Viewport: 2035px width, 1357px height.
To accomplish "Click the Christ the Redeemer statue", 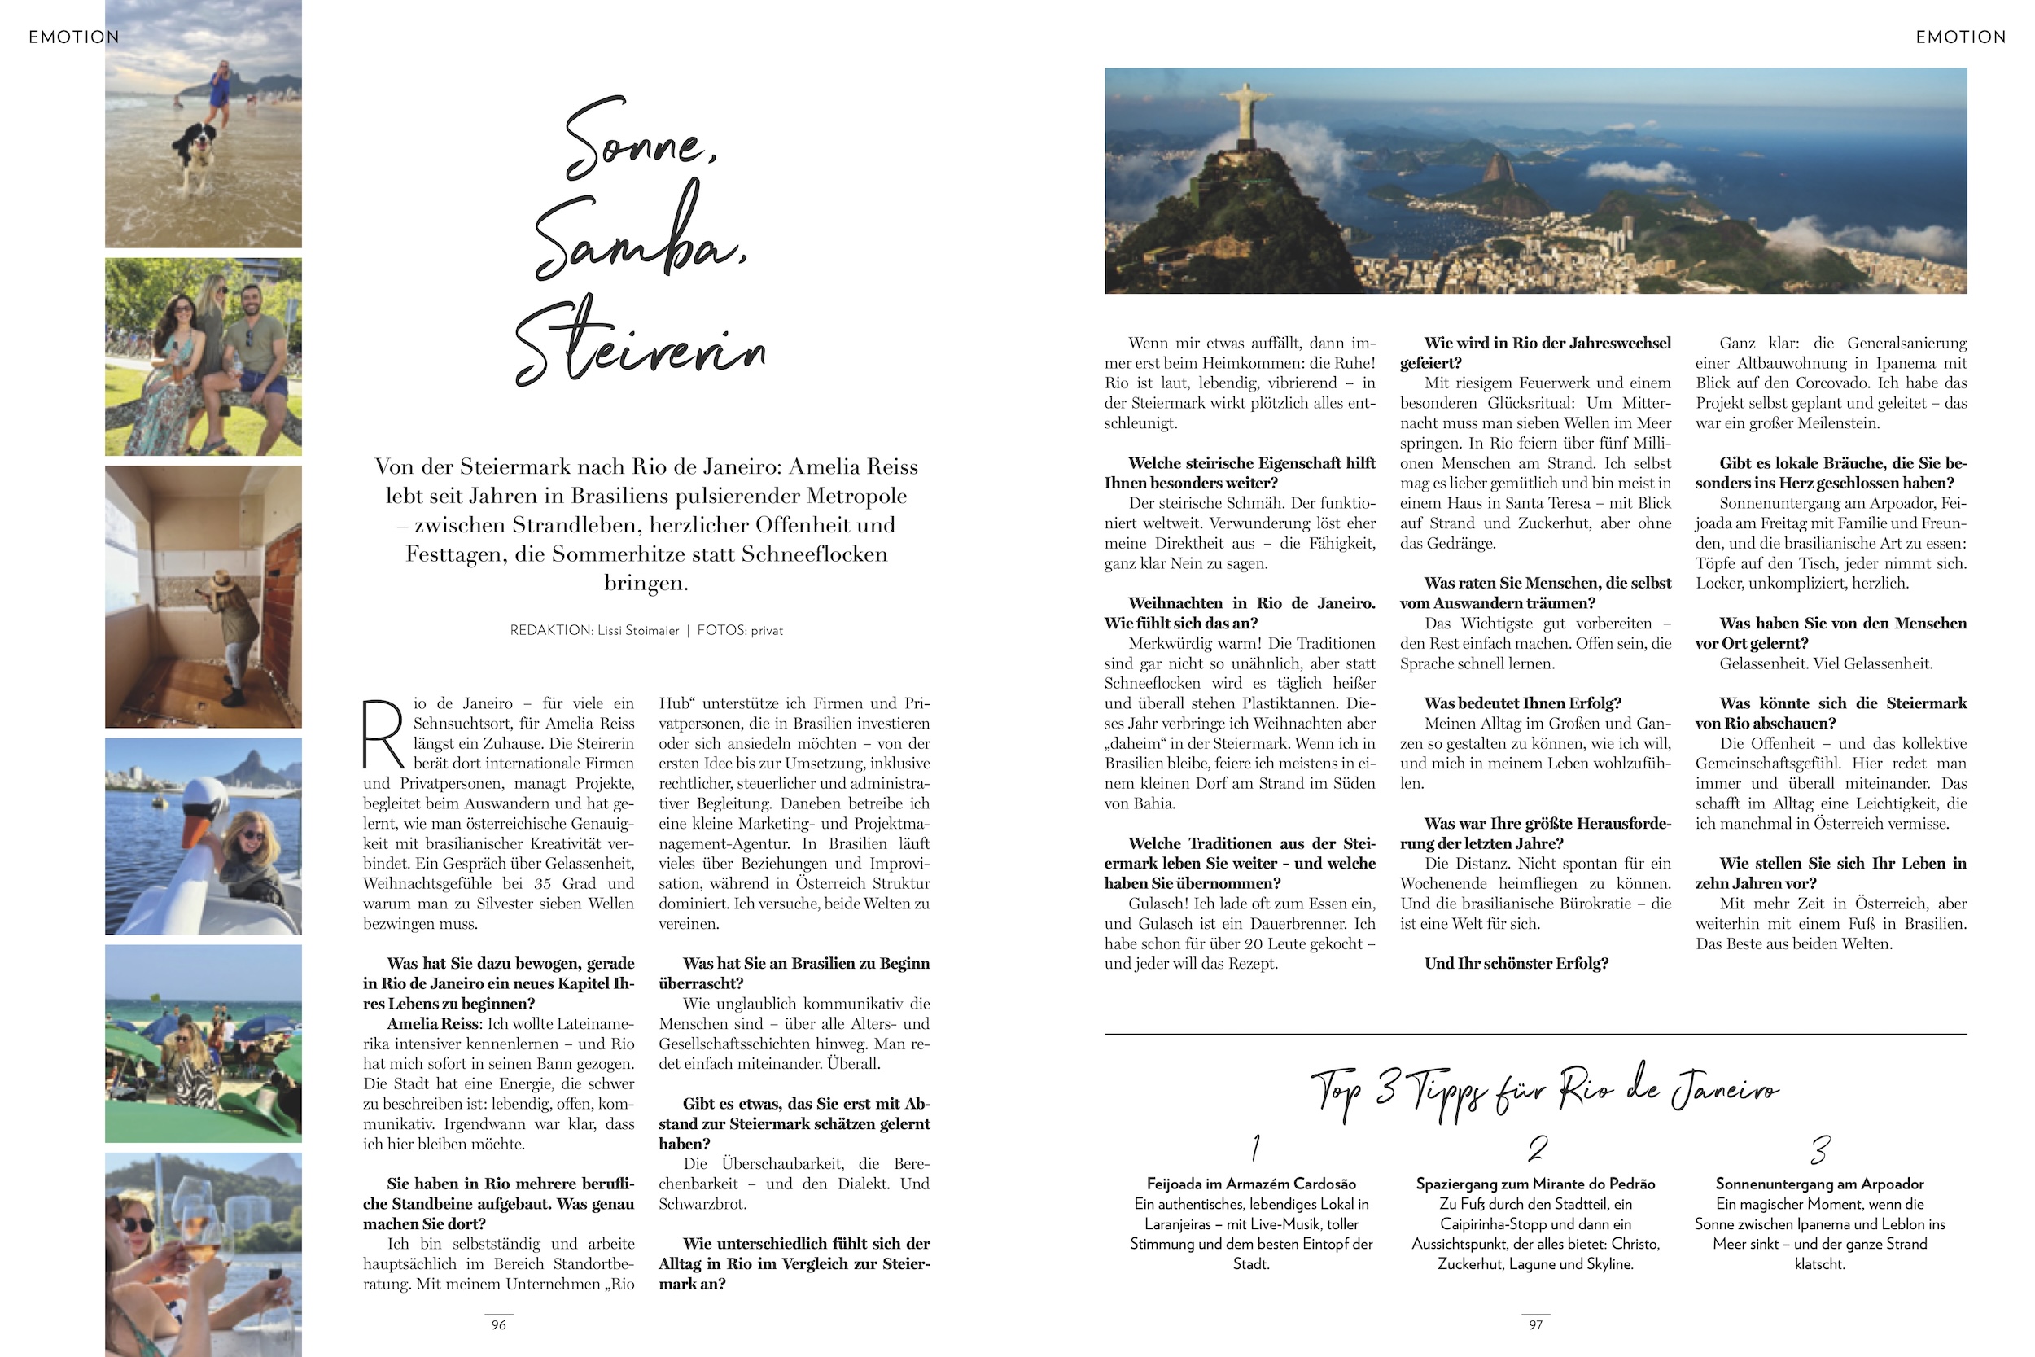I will pyautogui.click(x=1244, y=111).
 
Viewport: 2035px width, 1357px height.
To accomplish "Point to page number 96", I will pyautogui.click(x=498, y=1325).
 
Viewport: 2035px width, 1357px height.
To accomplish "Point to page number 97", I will pyautogui.click(x=1536, y=1325).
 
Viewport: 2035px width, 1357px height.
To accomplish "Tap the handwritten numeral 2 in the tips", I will pyautogui.click(x=1538, y=1149).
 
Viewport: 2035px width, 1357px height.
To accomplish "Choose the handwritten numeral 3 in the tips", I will pyautogui.click(x=1820, y=1150).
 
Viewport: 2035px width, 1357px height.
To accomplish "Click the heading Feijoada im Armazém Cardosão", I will pyautogui.click(x=1251, y=1184).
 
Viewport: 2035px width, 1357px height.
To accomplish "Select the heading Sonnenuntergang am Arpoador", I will pyautogui.click(x=1819, y=1184).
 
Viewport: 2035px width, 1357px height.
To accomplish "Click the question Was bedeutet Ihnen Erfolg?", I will pyautogui.click(x=1523, y=703).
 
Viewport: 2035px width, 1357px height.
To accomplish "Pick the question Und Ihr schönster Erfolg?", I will pyautogui.click(x=1516, y=963).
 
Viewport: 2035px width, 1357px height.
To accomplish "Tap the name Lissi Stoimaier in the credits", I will pyautogui.click(x=637, y=630).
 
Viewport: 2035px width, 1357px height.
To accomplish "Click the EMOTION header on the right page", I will pyautogui.click(x=1961, y=37).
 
